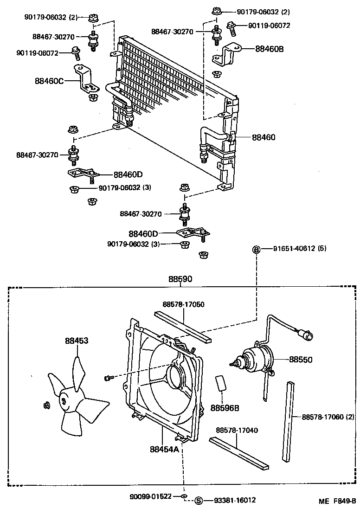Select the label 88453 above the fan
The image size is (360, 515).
click(77, 341)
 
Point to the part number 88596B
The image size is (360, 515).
click(225, 408)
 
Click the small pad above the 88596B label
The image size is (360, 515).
click(221, 384)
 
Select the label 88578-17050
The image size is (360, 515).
click(183, 304)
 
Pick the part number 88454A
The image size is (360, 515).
click(164, 449)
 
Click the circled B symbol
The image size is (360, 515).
click(256, 249)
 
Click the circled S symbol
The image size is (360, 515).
click(199, 500)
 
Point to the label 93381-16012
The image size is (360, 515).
click(235, 500)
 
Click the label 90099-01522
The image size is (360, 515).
click(151, 496)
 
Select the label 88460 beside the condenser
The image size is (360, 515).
click(264, 137)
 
